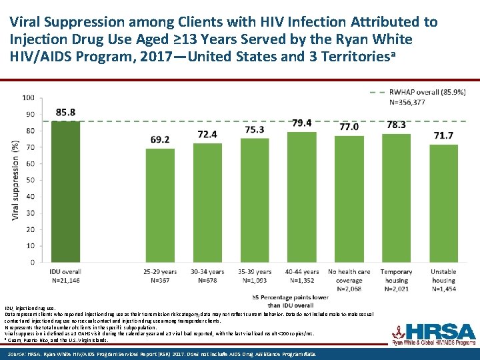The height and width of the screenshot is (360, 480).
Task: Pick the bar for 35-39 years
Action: [255, 200]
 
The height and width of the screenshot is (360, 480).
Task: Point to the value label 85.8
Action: [65, 112]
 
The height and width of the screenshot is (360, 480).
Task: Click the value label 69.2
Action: [160, 139]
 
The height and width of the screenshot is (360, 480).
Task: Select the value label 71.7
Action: [443, 135]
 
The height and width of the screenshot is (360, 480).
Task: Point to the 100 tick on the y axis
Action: [28, 97]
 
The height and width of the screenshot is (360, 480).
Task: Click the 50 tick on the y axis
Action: [30, 180]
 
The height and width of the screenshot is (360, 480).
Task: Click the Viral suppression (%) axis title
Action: [15, 180]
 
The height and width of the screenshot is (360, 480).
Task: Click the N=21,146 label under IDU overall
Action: [65, 281]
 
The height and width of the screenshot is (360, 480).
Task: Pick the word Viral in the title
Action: [29, 22]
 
